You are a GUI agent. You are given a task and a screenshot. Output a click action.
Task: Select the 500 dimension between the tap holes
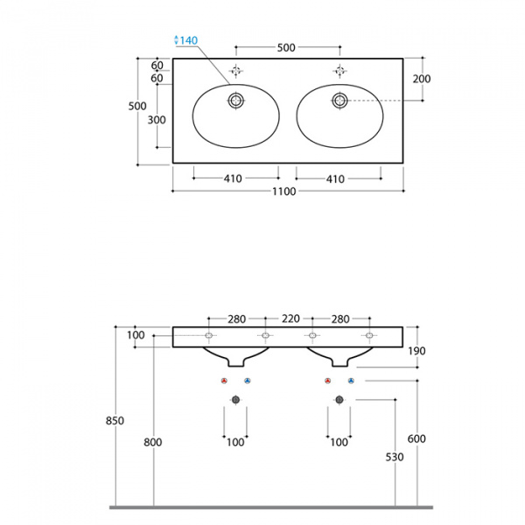tap(285, 48)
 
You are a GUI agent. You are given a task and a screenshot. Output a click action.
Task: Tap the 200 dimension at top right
tap(421, 79)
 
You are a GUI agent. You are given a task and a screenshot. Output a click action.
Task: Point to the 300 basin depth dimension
tap(157, 121)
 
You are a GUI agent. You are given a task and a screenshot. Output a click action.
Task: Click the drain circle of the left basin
tap(235, 101)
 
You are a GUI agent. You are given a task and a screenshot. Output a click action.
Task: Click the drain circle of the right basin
tap(339, 101)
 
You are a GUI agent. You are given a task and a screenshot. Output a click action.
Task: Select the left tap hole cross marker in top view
tap(235, 71)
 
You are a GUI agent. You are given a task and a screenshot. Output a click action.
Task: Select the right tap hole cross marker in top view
tap(339, 71)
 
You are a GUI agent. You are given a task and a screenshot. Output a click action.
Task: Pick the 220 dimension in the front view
tap(290, 319)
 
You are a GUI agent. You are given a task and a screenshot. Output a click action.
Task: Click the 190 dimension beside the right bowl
tap(416, 351)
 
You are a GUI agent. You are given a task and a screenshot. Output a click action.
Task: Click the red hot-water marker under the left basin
tap(224, 381)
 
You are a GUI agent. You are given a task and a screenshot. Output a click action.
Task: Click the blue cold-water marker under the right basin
tap(351, 381)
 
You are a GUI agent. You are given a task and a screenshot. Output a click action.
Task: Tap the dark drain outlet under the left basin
tap(235, 400)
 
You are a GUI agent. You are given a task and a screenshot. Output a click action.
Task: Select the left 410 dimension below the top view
tap(233, 178)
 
